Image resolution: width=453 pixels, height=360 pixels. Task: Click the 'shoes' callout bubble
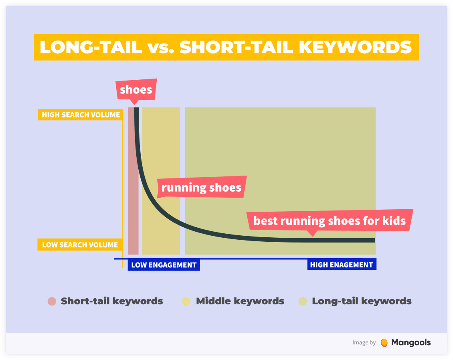coord(136,90)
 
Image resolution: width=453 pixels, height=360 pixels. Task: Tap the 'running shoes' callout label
coord(201,187)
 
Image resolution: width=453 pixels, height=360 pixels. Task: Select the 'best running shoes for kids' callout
coord(330,221)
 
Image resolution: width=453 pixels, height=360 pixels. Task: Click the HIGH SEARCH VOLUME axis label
coord(81,115)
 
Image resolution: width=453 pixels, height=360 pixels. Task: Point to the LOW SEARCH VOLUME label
coord(80,245)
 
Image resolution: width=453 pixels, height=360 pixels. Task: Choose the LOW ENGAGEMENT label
coord(164,265)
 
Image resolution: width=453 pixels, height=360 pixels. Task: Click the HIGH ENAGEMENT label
coord(342,265)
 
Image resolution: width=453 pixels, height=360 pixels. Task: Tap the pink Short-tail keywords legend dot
coord(52,301)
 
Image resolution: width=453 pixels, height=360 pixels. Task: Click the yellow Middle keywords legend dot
coord(186,301)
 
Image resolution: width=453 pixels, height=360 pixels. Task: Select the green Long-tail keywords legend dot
coord(303,301)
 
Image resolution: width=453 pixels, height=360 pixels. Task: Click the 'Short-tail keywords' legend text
coord(112,301)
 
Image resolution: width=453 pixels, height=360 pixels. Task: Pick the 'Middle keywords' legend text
coord(240,301)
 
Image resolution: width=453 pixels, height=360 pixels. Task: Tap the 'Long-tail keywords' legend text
coord(362,301)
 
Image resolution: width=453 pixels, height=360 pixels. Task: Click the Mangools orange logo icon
coord(384,343)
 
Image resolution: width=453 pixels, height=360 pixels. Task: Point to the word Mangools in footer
coord(411,342)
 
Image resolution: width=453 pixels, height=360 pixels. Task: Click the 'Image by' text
coord(364,343)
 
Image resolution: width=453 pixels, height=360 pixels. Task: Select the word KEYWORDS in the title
coord(355,47)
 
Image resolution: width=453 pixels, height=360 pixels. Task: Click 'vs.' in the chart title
coord(161,48)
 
